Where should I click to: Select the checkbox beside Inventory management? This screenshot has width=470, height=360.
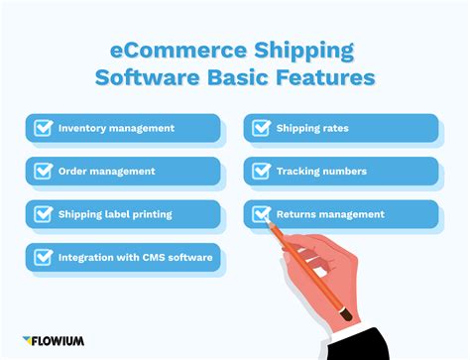point(43,128)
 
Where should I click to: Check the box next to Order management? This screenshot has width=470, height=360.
point(43,171)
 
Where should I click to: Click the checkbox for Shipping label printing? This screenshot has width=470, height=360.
point(43,213)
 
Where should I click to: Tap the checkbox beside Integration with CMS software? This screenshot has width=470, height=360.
point(43,257)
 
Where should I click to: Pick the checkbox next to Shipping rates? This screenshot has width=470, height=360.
point(262,128)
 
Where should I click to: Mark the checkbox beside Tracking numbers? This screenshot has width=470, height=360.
point(262,171)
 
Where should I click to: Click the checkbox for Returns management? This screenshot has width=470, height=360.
point(262,213)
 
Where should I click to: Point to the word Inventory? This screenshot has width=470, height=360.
point(81,128)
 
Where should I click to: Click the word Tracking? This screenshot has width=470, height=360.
point(299,171)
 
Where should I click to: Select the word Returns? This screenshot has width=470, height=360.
point(297,213)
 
